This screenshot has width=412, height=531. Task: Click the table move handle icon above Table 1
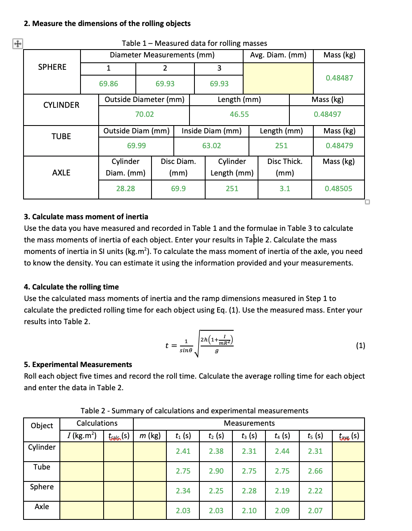click(17, 43)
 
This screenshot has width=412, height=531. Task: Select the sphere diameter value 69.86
click(109, 84)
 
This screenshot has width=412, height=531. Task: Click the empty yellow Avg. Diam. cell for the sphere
click(278, 78)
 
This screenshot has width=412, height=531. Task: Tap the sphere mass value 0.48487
click(339, 78)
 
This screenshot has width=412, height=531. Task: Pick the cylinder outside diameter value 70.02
click(144, 114)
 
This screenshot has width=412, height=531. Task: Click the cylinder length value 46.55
click(239, 114)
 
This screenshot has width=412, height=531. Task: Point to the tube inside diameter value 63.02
click(211, 146)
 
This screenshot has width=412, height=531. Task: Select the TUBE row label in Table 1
click(61, 136)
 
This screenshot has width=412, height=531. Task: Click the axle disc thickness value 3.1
click(284, 189)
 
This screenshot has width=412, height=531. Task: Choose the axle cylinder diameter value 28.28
click(125, 189)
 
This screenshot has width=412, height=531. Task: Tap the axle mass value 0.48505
click(338, 189)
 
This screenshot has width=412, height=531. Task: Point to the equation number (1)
click(360, 346)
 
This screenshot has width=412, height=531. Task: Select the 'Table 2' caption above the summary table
click(194, 411)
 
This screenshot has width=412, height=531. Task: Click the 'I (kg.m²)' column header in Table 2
click(82, 436)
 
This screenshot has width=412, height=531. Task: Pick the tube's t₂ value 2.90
click(216, 471)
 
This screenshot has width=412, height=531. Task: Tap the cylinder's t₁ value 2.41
click(183, 451)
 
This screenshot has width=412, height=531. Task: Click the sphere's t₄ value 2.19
click(282, 491)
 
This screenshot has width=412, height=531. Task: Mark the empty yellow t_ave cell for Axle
click(348, 511)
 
